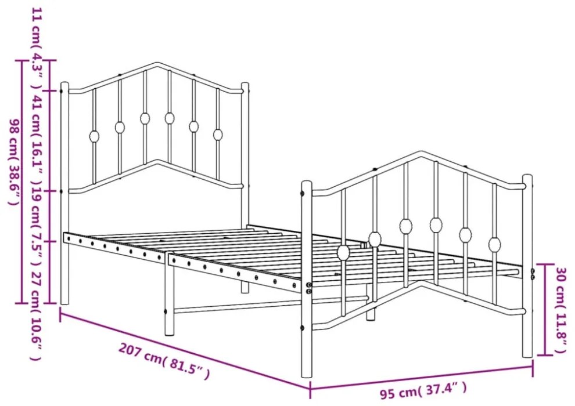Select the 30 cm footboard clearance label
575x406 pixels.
[x=561, y=310]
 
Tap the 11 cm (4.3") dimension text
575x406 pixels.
[x=37, y=48]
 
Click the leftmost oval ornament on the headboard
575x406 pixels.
[x=94, y=136]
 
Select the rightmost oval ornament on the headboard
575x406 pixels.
[x=218, y=135]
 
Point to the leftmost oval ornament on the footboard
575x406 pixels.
[x=344, y=252]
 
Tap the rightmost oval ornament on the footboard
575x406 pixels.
[x=494, y=244]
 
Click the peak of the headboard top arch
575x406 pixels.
[x=157, y=64]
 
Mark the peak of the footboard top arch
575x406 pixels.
[x=422, y=153]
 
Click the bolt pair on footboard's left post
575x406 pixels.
[x=309, y=288]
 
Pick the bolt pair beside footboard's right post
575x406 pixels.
[x=533, y=274]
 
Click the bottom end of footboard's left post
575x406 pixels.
[x=307, y=376]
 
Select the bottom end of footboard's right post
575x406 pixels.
[x=527, y=356]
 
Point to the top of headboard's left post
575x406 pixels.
[x=64, y=84]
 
